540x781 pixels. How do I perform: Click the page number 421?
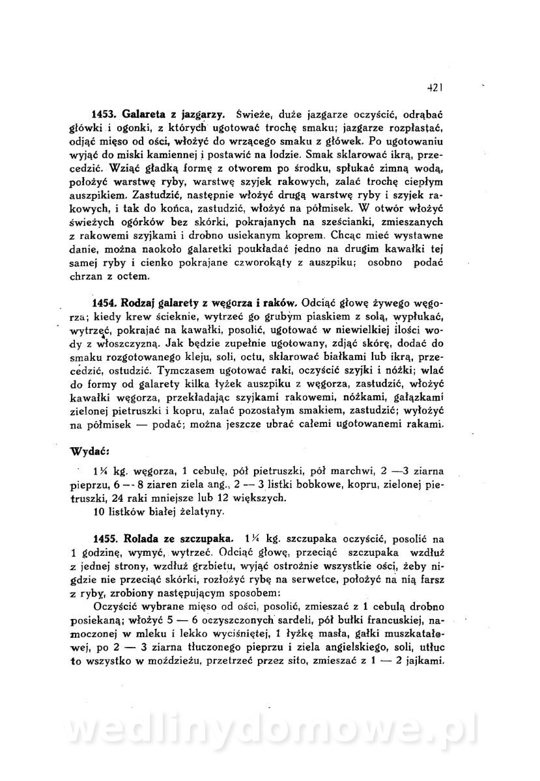(435, 85)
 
